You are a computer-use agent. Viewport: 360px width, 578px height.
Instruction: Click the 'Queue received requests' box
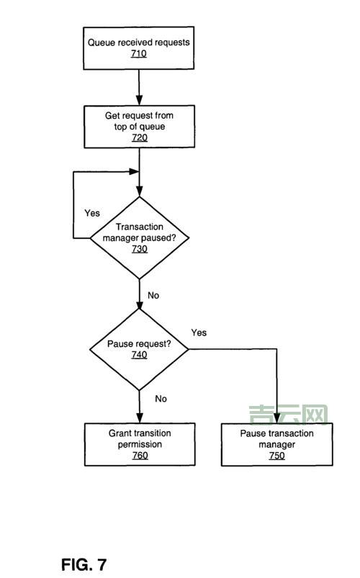pyautogui.click(x=139, y=48)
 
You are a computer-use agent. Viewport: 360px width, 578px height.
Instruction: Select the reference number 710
pyautogui.click(x=139, y=54)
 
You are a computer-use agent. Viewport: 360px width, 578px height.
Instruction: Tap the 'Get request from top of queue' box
pyautogui.click(x=139, y=127)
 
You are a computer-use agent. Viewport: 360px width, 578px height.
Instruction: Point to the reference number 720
pyautogui.click(x=139, y=137)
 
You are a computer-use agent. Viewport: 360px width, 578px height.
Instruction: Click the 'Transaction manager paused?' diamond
pyautogui.click(x=139, y=238)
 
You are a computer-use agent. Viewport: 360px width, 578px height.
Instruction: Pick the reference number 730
pyautogui.click(x=139, y=249)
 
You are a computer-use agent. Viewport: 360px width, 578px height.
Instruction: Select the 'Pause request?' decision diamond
pyautogui.click(x=139, y=349)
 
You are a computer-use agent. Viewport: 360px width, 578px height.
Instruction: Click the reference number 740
pyautogui.click(x=139, y=355)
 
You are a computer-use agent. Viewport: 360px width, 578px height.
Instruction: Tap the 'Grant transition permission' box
pyautogui.click(x=140, y=444)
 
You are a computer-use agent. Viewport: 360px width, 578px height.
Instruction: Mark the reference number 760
pyautogui.click(x=140, y=456)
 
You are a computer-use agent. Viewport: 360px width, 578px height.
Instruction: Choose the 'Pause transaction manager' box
pyautogui.click(x=276, y=444)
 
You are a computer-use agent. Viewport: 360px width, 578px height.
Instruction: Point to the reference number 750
pyautogui.click(x=276, y=456)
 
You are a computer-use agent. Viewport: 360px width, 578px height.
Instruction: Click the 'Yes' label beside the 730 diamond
pyautogui.click(x=92, y=213)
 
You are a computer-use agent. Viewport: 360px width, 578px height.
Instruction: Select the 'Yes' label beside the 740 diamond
pyautogui.click(x=199, y=333)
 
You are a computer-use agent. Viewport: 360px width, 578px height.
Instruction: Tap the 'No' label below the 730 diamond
pyautogui.click(x=153, y=295)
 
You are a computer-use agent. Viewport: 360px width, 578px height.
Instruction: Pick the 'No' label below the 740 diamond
pyautogui.click(x=161, y=398)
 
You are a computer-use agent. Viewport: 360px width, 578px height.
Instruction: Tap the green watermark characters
pyautogui.click(x=288, y=415)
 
